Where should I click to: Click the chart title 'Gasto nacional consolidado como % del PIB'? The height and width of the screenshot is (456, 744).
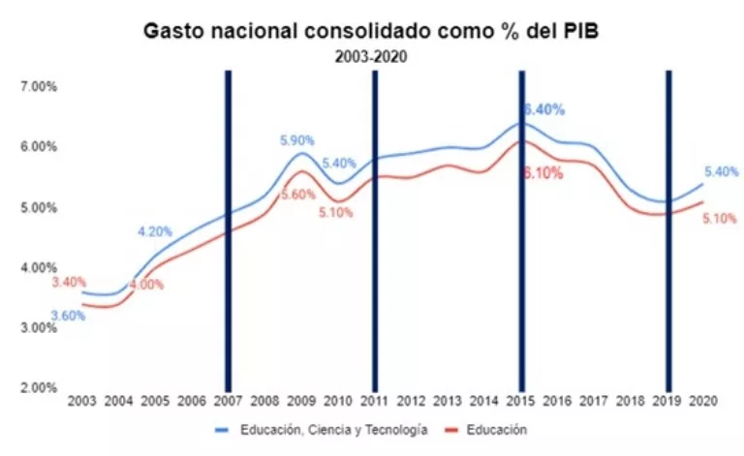[x=371, y=30]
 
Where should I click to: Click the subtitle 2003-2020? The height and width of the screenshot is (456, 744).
[x=371, y=56]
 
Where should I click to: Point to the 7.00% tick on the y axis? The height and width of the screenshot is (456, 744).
[x=40, y=86]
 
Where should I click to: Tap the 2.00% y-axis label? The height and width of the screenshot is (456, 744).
[x=40, y=387]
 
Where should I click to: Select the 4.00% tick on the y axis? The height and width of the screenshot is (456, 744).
[x=40, y=267]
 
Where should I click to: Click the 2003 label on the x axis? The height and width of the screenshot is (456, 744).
[x=81, y=401]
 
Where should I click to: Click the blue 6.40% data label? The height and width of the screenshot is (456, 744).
[x=543, y=110]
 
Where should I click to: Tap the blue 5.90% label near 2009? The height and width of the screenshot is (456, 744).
[x=297, y=140]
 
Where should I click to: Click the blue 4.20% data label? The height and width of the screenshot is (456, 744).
[x=155, y=231]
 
